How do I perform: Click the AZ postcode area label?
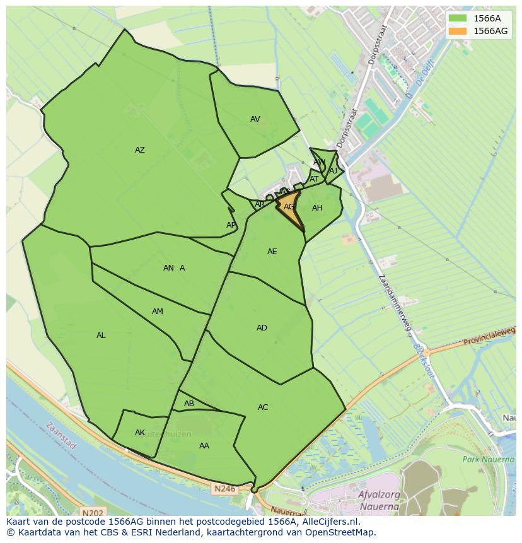(140, 150)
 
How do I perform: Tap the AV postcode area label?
(255, 119)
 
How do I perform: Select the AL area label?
(101, 336)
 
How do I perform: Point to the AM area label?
(158, 312)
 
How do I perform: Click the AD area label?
(262, 328)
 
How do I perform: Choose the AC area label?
(263, 407)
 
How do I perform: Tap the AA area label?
(204, 446)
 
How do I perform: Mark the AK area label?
(140, 433)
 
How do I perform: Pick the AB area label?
(189, 404)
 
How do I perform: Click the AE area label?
(272, 252)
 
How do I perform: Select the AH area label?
(317, 208)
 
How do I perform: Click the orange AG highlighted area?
(289, 207)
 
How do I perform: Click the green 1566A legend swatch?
(458, 18)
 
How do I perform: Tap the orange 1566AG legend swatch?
(458, 31)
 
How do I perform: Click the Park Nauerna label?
(488, 459)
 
